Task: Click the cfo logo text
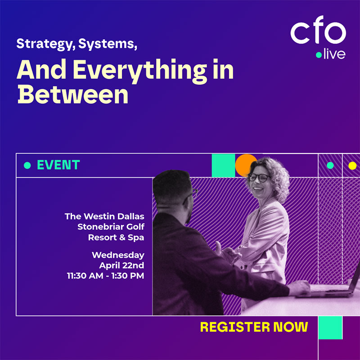click(x=318, y=33)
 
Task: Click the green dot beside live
click(x=319, y=55)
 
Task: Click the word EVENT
click(x=58, y=165)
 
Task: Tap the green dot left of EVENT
click(x=27, y=166)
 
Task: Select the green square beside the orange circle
click(x=223, y=165)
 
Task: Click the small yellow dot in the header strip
click(x=352, y=166)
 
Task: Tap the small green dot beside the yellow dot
click(x=330, y=166)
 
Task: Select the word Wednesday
click(x=118, y=255)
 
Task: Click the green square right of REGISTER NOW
click(x=330, y=328)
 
